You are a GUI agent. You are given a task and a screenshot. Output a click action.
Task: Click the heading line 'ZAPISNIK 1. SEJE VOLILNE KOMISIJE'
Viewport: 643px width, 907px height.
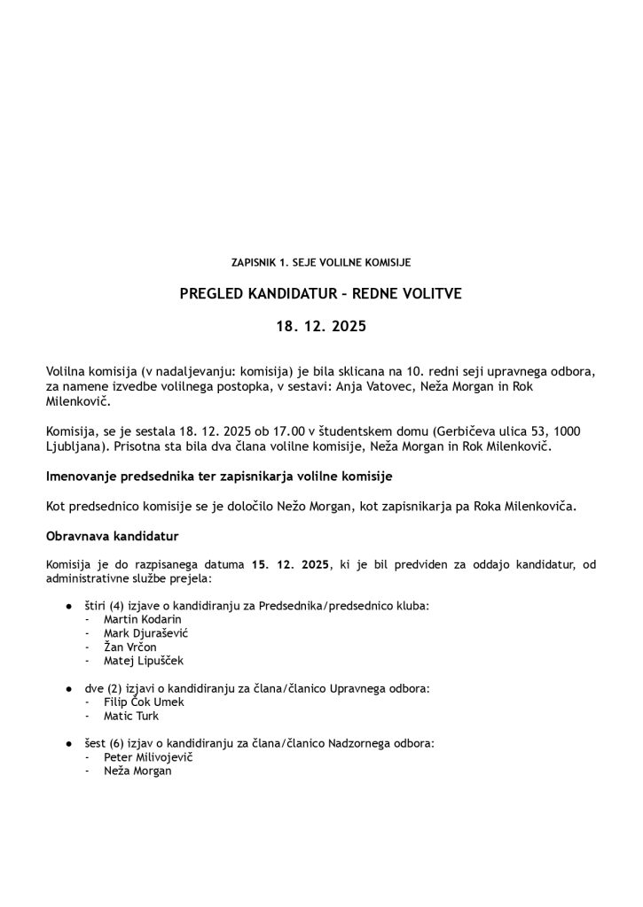(320, 263)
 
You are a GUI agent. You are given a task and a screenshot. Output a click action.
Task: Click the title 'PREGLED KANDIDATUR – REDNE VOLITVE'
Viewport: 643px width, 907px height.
(320, 294)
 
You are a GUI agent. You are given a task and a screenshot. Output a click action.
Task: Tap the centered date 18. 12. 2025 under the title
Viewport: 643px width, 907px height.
(320, 326)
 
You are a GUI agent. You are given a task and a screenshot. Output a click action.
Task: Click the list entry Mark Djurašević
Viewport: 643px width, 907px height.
(146, 633)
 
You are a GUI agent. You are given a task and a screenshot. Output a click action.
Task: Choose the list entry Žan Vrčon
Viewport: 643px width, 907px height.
(130, 647)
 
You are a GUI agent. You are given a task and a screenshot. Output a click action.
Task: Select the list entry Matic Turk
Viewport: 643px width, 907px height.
(131, 716)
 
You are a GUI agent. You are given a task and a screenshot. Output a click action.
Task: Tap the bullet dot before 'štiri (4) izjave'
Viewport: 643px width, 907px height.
(68, 606)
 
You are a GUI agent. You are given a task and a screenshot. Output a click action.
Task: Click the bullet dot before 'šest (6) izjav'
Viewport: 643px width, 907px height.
(68, 744)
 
